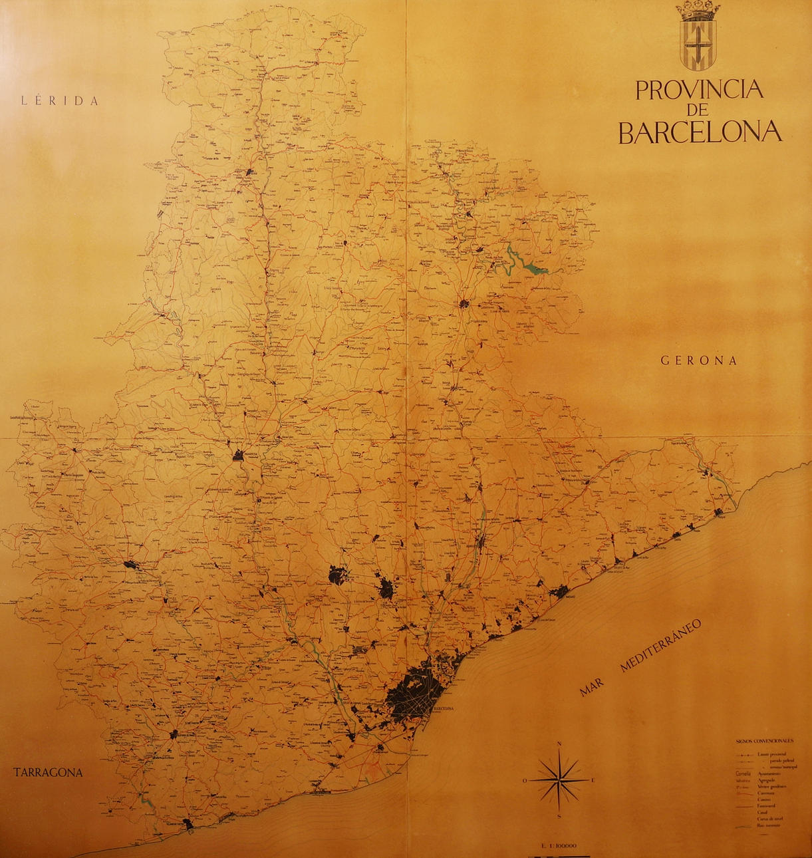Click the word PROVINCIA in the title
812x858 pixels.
699,90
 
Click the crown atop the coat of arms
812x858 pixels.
698,10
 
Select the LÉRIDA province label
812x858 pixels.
60,101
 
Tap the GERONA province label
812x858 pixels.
699,360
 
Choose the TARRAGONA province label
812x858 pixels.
48,772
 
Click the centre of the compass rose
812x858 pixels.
560,780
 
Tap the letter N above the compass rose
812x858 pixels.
560,745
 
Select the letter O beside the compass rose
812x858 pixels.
525,780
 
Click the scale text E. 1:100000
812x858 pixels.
559,846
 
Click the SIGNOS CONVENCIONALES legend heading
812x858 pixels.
765,740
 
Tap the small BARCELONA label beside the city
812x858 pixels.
443,709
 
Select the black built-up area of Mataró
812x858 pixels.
559,591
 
